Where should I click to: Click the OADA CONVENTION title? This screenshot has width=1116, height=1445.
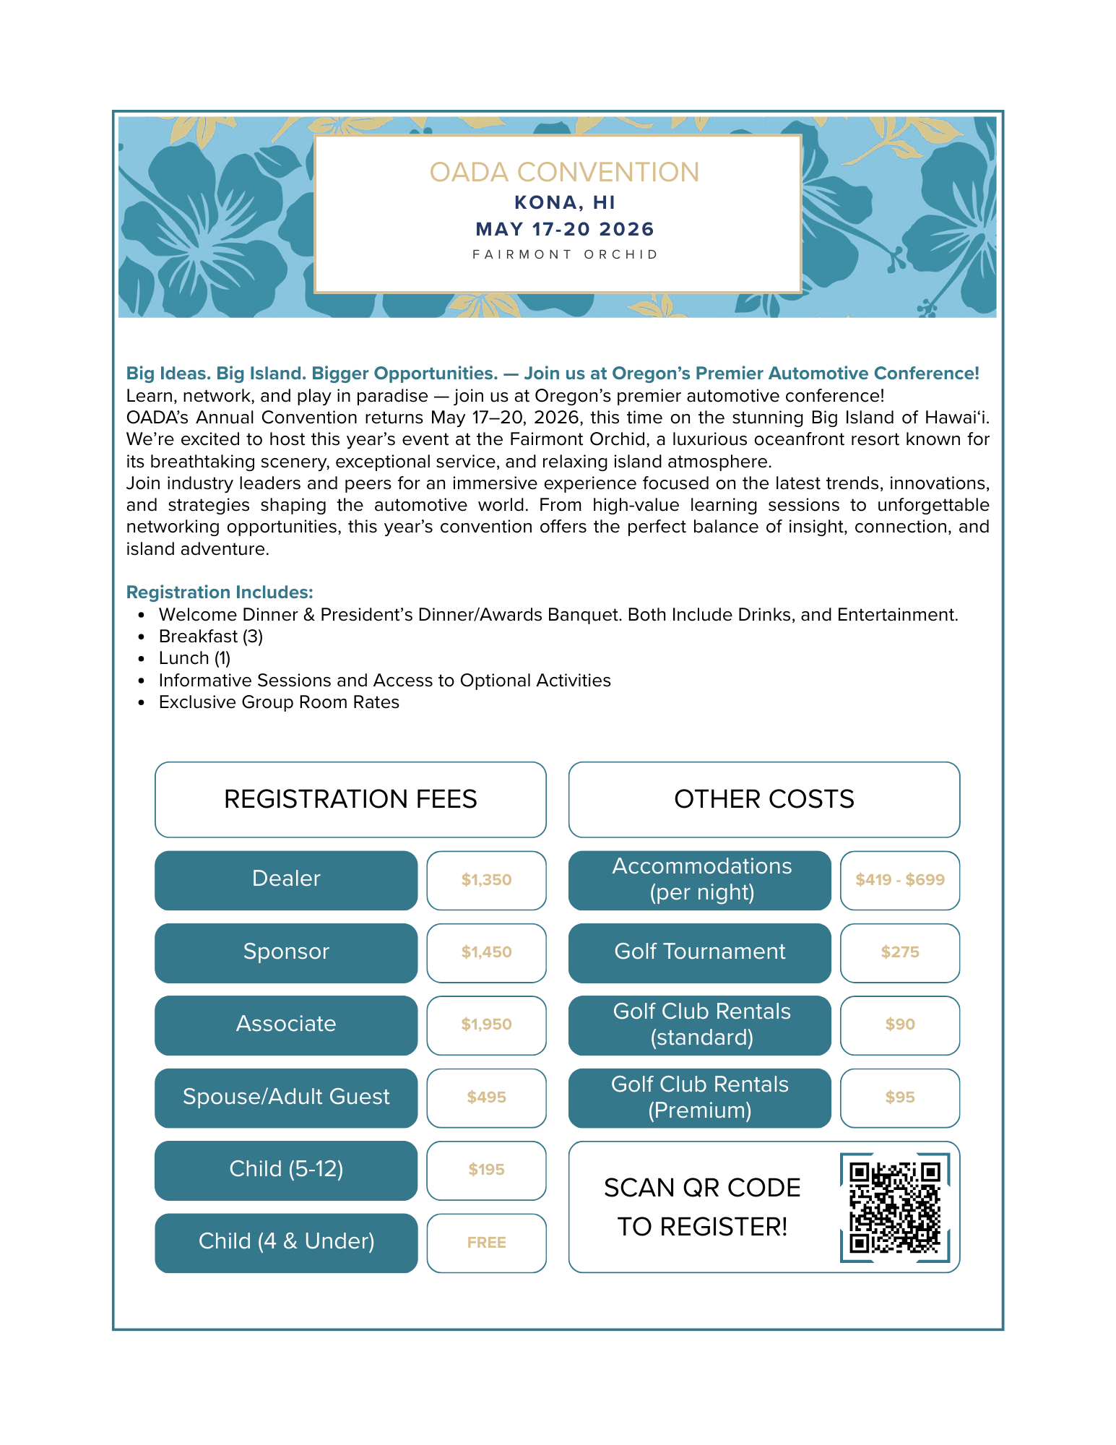pos(564,173)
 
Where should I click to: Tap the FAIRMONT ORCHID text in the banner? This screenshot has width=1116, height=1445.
pos(565,254)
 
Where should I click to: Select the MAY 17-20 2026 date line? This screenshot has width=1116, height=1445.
pos(565,229)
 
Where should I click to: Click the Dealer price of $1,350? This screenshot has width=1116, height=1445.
pos(486,880)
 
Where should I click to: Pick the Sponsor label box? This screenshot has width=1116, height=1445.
pos(286,952)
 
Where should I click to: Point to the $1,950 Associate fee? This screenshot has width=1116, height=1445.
pos(486,1025)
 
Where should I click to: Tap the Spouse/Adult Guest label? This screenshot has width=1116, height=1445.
pos(286,1097)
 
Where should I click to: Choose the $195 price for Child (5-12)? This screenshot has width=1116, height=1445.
pos(486,1170)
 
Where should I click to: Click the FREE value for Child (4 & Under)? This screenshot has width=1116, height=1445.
pos(486,1243)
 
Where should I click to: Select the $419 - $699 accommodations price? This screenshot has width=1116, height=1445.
pos(900,880)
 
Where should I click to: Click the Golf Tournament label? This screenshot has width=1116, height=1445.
pos(699,952)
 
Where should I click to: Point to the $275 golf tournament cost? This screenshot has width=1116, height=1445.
pos(900,952)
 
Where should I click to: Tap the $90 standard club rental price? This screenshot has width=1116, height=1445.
pos(900,1025)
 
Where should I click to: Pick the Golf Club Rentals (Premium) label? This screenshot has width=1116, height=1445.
pos(699,1097)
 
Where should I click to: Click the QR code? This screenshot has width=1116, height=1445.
pos(895,1207)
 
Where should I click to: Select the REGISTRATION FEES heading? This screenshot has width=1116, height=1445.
pos(350,799)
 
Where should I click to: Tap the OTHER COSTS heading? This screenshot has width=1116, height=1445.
pos(764,799)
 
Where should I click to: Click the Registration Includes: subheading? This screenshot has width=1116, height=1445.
pos(220,592)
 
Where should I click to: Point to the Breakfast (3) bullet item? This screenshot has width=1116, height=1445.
pos(210,637)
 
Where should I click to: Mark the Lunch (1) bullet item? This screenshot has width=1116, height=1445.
pos(194,658)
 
